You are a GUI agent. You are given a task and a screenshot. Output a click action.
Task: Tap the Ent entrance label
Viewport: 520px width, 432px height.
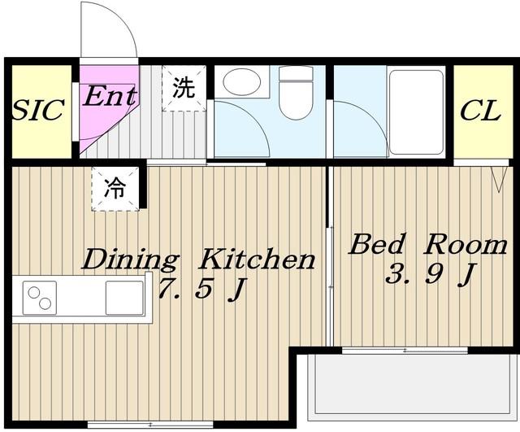pos(110,96)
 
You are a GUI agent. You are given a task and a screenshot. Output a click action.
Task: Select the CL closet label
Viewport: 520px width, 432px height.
pos(480,111)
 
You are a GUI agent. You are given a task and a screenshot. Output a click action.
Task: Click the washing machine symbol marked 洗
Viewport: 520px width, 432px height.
pos(184,88)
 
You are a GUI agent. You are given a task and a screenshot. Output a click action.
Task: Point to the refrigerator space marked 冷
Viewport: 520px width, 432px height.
pos(115,189)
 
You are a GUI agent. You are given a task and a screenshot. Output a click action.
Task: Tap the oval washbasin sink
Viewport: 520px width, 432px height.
pos(241,81)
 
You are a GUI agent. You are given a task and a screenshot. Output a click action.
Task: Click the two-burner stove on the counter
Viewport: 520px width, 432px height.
pos(40,298)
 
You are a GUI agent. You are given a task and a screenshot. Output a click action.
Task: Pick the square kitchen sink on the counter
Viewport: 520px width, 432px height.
pos(124,298)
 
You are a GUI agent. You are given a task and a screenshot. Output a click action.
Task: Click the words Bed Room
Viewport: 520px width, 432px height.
pos(428,244)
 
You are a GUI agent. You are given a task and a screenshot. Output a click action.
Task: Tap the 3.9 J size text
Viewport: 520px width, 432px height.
pos(431,274)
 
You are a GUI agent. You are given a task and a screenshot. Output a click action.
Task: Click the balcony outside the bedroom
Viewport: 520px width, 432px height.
pos(410,386)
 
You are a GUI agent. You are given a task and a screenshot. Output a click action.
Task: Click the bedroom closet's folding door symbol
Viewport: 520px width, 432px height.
pos(499,179)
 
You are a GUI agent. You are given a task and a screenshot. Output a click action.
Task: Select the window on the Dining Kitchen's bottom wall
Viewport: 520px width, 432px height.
pos(150,424)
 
